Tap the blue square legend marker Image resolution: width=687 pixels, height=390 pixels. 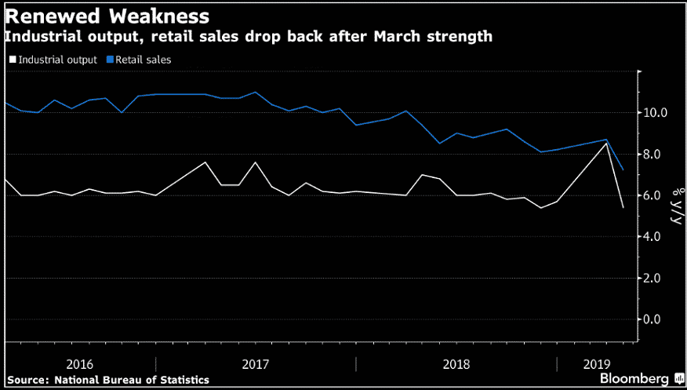click(x=111, y=60)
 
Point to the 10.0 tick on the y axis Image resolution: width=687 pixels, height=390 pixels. click(x=656, y=113)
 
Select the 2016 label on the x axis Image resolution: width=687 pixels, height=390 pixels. click(x=81, y=364)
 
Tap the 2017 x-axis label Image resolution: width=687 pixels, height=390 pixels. click(x=256, y=364)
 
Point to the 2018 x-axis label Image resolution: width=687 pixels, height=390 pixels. click(x=456, y=364)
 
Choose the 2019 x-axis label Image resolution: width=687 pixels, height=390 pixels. click(x=598, y=364)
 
